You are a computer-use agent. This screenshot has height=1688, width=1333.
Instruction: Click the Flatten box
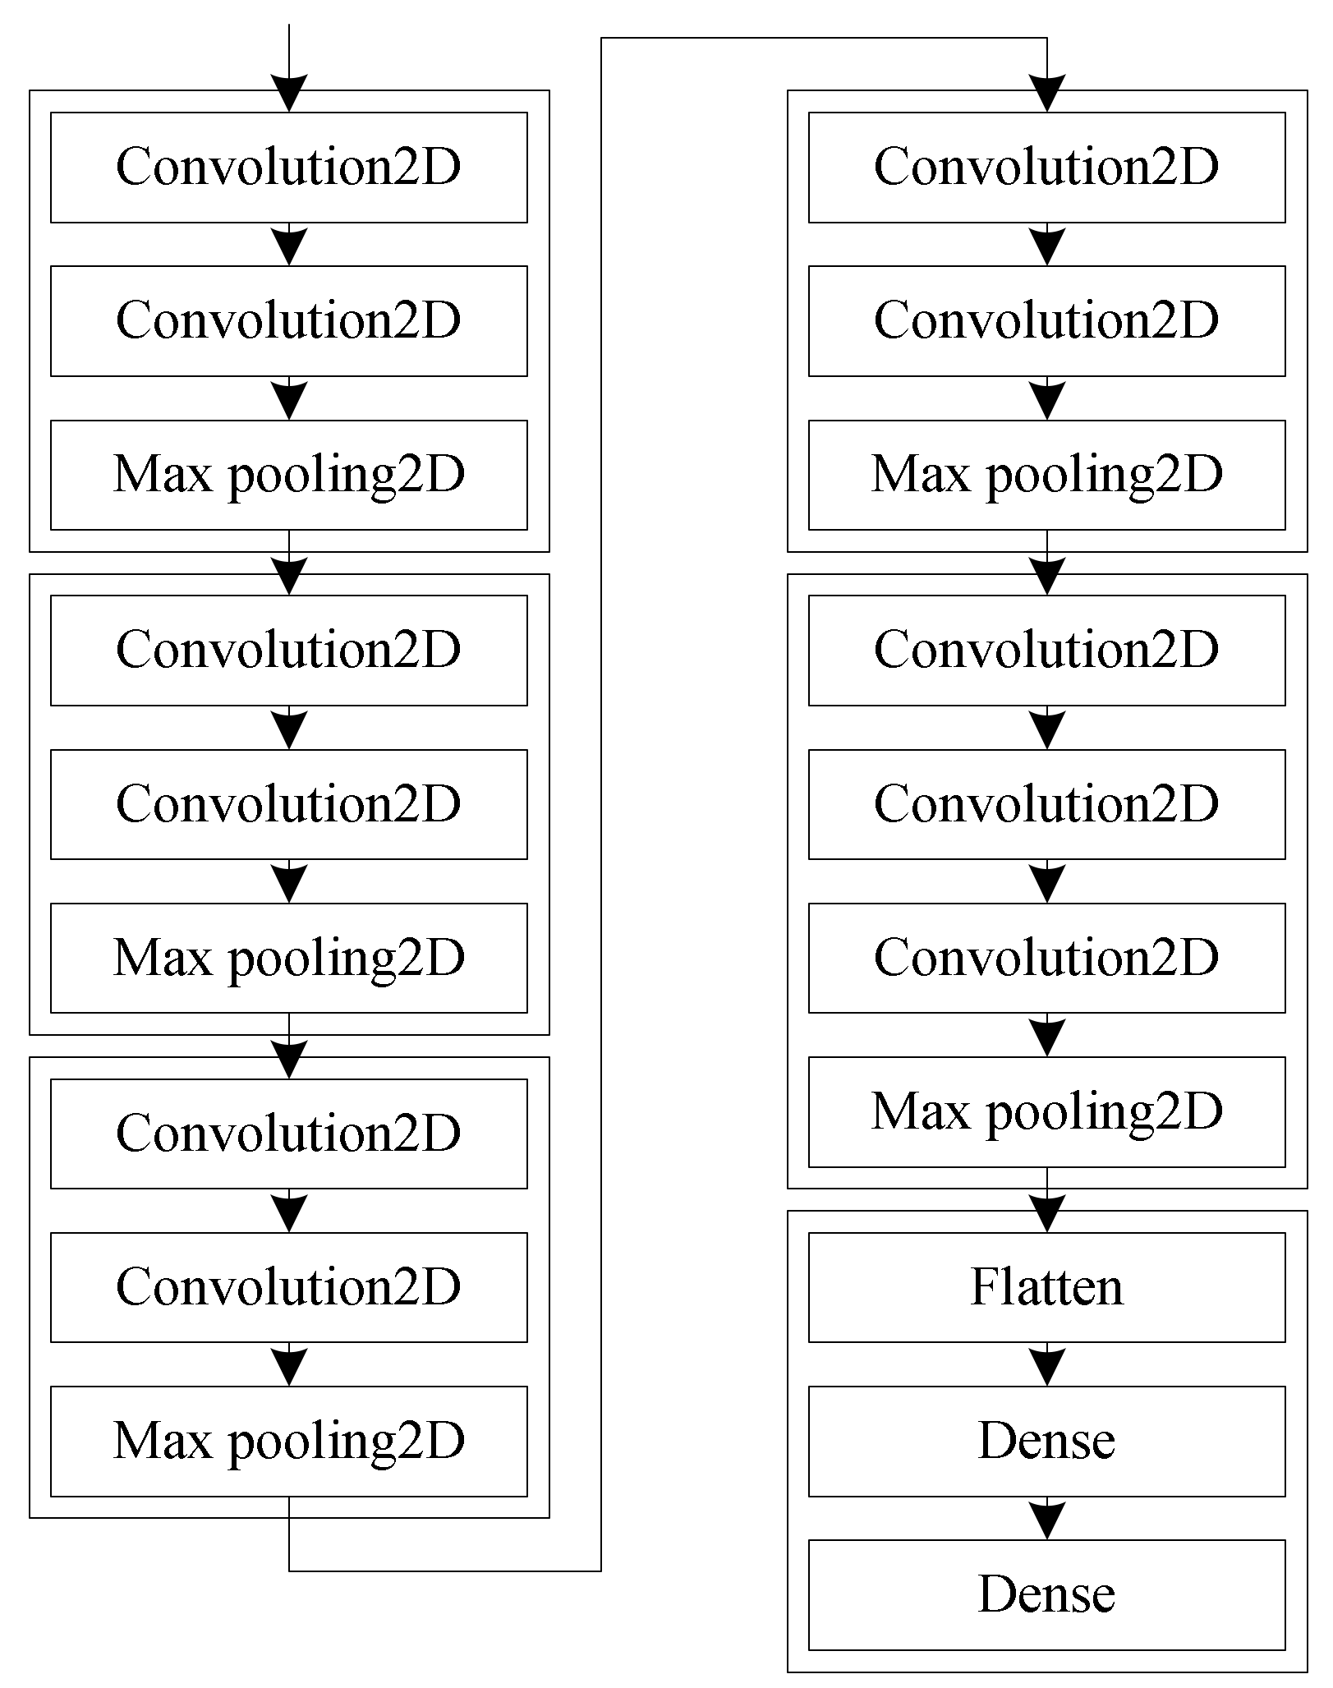point(1046,1287)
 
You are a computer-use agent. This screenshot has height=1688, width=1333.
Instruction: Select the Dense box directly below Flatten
point(1046,1441)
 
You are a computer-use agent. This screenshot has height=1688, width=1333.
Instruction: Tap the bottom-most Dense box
point(1046,1594)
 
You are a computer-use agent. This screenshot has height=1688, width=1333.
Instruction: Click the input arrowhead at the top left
point(289,92)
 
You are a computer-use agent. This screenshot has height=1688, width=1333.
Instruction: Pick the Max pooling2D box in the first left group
point(289,475)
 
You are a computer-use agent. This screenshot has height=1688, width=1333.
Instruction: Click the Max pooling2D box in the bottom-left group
point(289,1441)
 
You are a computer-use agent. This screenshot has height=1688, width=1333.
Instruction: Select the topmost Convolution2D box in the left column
point(289,167)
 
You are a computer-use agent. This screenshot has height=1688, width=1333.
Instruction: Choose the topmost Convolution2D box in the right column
point(1046,167)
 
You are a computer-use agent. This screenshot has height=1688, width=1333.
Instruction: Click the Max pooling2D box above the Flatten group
point(1046,1111)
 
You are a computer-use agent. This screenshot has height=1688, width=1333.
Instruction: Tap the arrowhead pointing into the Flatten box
point(1046,1214)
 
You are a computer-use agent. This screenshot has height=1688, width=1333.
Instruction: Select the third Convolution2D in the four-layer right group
point(1046,958)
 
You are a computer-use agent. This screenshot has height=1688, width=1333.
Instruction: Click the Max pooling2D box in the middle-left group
point(289,958)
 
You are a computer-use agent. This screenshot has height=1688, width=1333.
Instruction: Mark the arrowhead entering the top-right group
point(1046,92)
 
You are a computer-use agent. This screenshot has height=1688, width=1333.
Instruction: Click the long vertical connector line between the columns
point(601,805)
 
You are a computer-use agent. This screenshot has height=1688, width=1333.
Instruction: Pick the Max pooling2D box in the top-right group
point(1046,475)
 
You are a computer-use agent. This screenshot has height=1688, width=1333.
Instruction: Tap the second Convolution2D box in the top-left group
point(289,320)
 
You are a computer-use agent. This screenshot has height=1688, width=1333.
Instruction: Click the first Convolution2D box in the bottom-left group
point(289,1133)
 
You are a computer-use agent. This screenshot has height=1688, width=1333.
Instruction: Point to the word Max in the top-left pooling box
point(163,475)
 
